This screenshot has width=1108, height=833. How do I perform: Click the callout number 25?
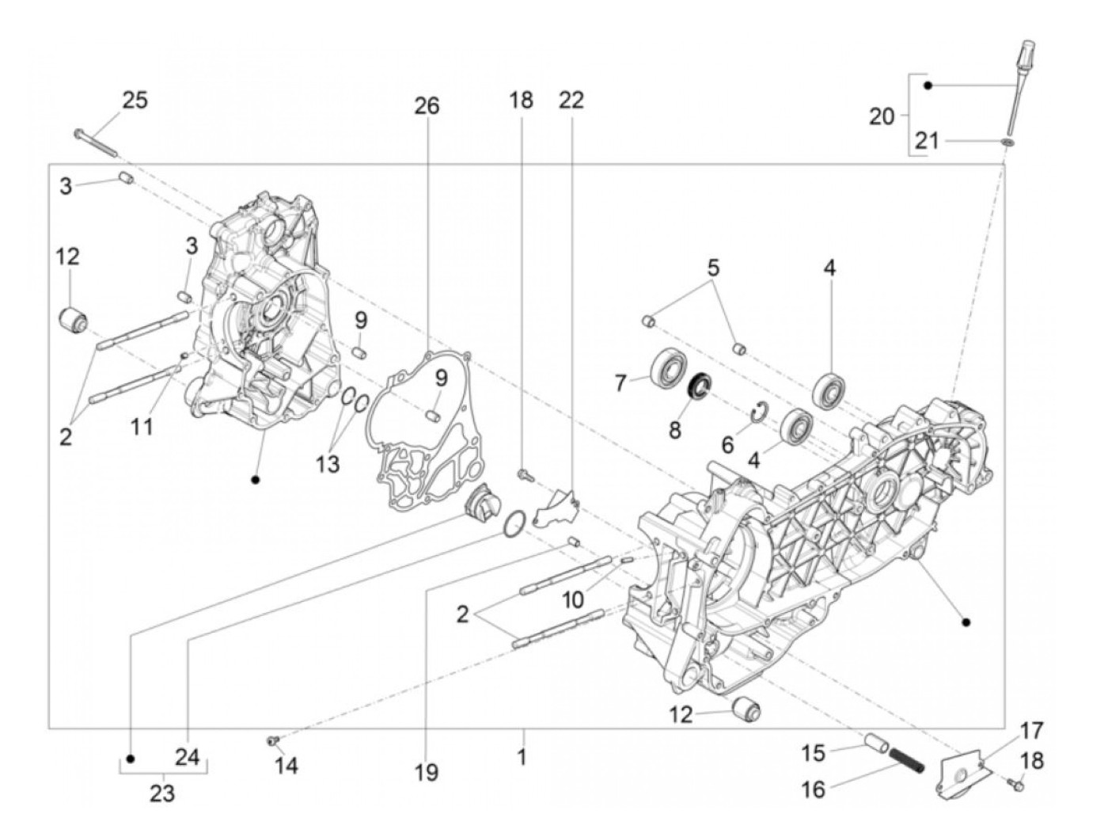135,101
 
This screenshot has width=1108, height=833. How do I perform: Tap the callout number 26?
426,106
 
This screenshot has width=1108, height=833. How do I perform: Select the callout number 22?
571,101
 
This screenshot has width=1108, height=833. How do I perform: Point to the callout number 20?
882,116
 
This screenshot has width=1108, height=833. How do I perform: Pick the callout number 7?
620,383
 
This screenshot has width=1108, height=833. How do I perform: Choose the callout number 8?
674,430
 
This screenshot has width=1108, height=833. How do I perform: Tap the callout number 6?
727,444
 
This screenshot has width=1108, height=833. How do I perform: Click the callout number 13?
327,463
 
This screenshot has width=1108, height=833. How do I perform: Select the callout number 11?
142,428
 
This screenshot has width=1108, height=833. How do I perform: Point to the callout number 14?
286,766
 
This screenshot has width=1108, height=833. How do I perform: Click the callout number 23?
162,793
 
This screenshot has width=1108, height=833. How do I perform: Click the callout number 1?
522,757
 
